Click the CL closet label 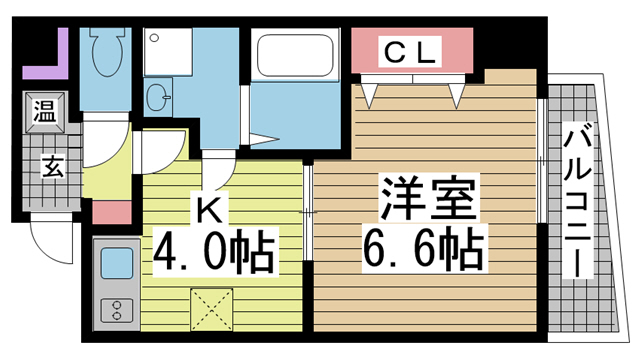click(410, 55)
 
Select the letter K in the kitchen click(212, 211)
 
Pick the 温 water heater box click(44, 110)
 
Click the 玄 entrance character click(49, 167)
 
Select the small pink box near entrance click(112, 212)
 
